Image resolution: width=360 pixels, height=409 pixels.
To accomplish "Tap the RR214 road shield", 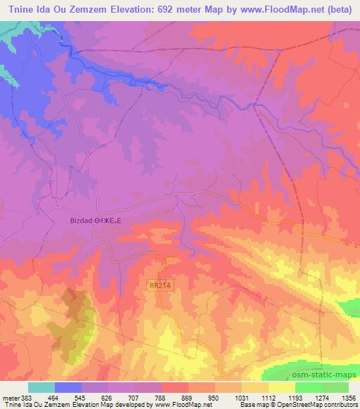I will click(x=160, y=285).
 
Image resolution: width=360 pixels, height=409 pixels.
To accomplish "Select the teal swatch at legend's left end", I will click(x=41, y=387).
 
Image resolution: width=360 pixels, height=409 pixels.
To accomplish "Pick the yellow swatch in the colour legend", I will click(x=282, y=387).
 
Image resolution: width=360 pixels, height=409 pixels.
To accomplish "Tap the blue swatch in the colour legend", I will click(x=68, y=387).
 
